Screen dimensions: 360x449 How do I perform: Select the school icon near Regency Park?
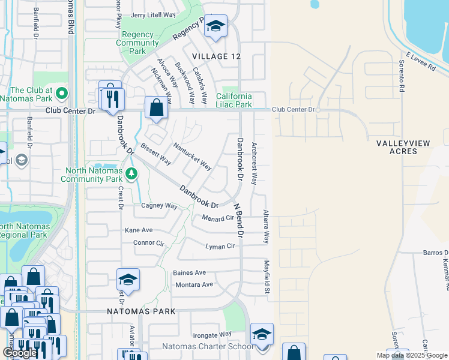215,26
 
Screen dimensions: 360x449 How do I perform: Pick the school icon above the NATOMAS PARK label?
128,280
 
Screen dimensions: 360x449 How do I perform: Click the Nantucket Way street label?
192,155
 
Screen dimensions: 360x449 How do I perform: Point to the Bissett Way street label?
156,154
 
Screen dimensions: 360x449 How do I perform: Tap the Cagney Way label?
159,206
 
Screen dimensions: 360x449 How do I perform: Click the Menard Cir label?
217,218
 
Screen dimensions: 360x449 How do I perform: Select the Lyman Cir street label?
220,247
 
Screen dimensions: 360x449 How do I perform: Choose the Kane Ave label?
139,230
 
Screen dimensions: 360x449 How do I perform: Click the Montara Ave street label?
193,284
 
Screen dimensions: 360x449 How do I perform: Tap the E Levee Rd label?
420,62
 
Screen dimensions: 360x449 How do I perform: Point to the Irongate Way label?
212,334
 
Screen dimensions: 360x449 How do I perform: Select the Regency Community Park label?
137,43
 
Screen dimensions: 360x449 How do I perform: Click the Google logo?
20,353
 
